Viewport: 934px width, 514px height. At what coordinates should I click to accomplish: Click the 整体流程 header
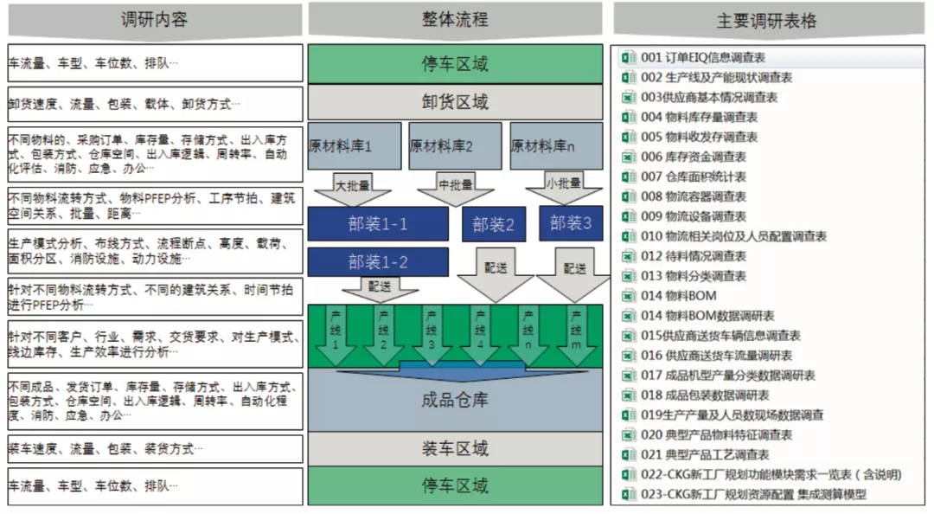[x=455, y=19]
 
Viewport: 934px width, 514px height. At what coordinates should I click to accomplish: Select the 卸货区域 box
[x=455, y=102]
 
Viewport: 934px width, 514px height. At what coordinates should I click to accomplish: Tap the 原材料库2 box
[x=455, y=146]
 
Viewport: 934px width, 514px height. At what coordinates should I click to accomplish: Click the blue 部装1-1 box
[x=378, y=224]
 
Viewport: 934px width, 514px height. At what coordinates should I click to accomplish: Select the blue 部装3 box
[x=571, y=222]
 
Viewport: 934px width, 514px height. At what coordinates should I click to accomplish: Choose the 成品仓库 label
[x=455, y=401]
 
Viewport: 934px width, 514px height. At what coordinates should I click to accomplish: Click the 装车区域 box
[x=455, y=448]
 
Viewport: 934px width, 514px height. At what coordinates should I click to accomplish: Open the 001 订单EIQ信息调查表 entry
[x=702, y=58]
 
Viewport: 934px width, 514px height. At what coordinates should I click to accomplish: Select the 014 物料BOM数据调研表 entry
[x=707, y=316]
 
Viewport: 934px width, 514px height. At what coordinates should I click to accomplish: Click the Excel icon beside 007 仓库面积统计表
[x=629, y=177]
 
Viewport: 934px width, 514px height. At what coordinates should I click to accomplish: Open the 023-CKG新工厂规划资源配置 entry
[x=752, y=495]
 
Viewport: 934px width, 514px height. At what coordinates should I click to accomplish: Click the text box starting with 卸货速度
[x=156, y=105]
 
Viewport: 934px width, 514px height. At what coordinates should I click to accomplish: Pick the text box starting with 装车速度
[x=156, y=449]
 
